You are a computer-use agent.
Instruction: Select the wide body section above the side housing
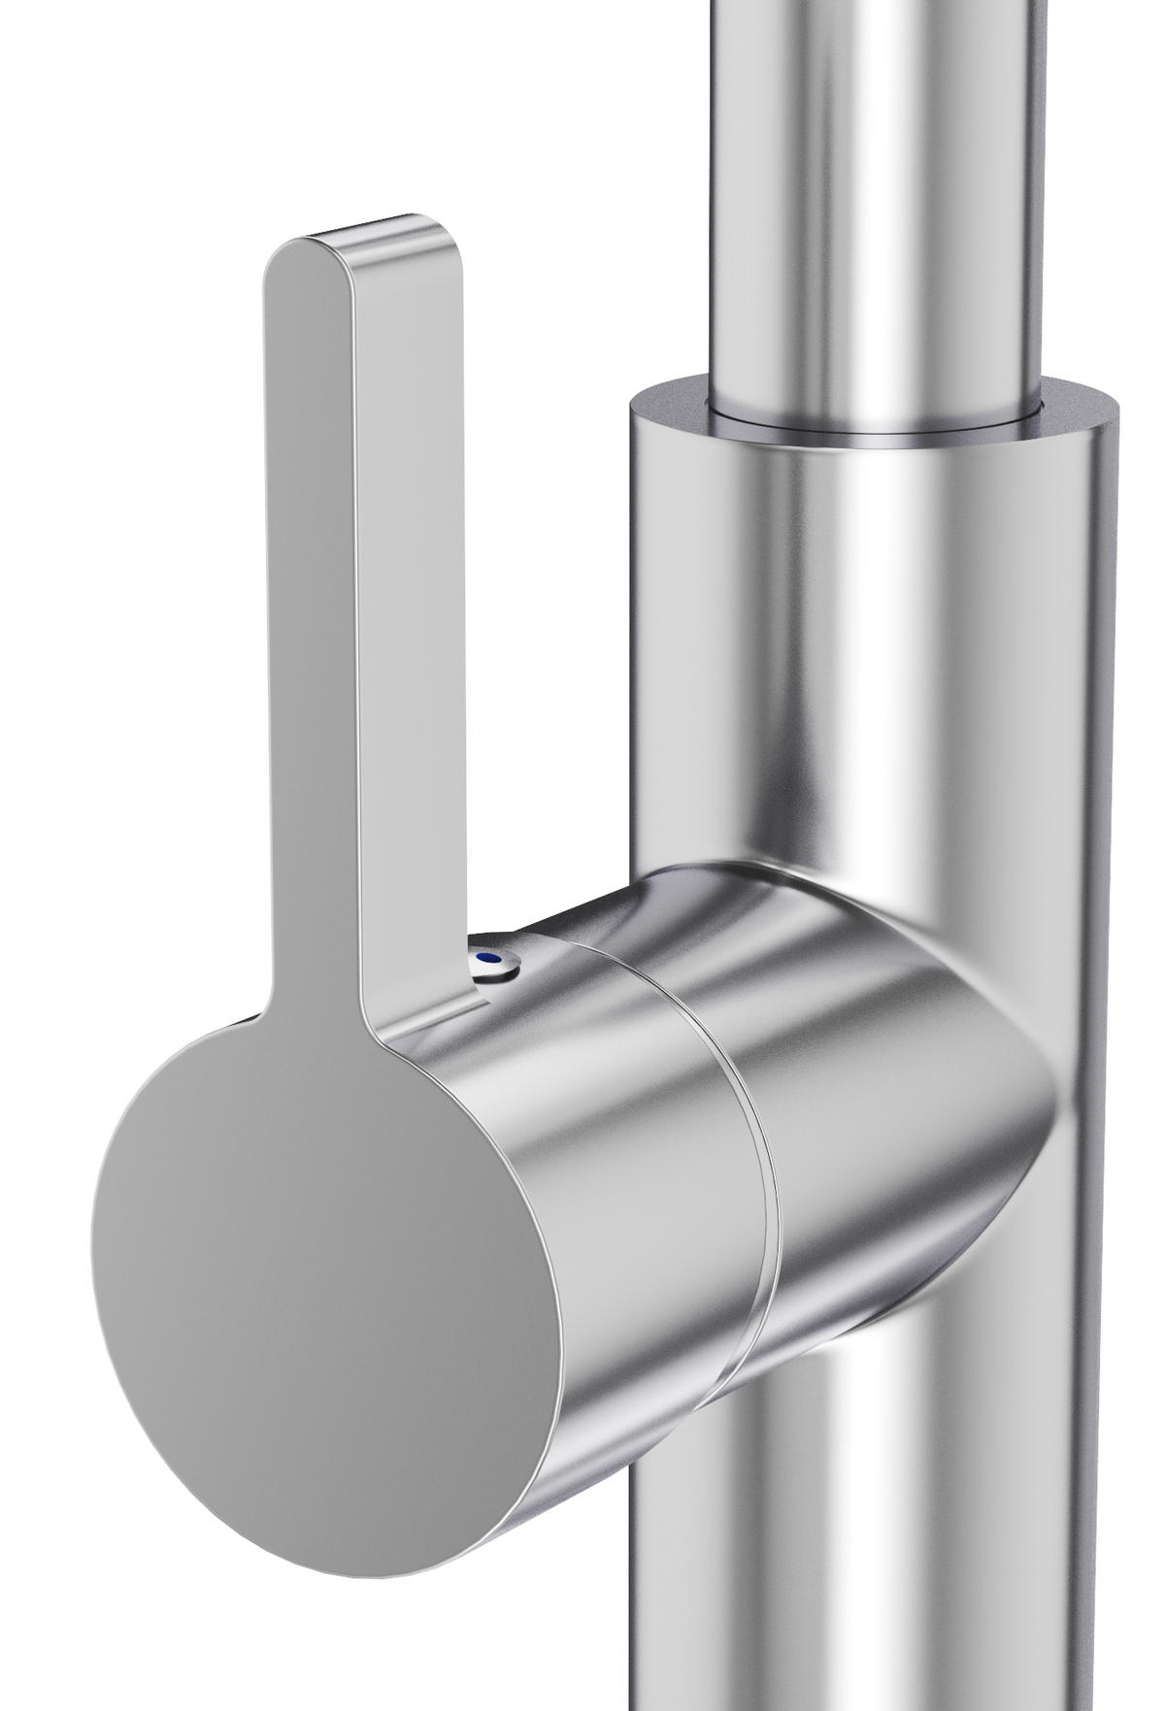pos(874,660)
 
